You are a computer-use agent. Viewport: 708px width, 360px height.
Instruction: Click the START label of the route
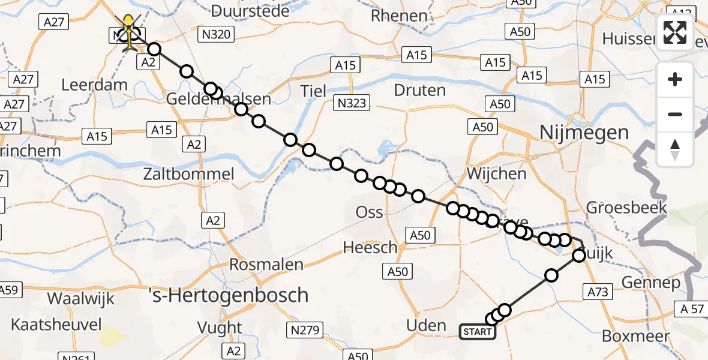click(x=478, y=332)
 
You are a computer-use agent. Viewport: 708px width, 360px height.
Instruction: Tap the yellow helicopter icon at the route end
click(x=129, y=29)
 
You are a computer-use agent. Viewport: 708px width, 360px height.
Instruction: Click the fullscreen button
click(x=675, y=32)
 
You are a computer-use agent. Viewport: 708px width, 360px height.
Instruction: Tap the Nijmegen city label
click(x=585, y=132)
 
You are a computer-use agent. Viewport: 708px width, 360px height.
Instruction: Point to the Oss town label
click(x=370, y=212)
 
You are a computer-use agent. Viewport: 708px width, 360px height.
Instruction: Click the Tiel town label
click(x=314, y=91)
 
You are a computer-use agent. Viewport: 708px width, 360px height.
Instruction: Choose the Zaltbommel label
click(x=188, y=175)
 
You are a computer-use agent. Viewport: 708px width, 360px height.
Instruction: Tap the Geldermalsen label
click(x=219, y=99)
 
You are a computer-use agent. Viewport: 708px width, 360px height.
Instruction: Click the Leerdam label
click(x=95, y=85)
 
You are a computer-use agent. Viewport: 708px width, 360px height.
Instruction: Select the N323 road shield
click(x=351, y=104)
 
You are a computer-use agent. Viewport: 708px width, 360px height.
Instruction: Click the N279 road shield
click(x=307, y=329)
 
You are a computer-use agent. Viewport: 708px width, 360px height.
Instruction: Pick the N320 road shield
click(x=216, y=35)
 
